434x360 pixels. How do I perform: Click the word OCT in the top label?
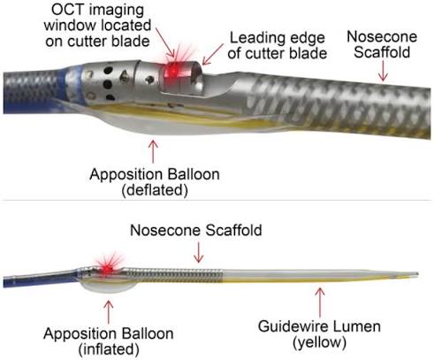68,10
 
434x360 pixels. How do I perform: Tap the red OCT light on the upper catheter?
173,71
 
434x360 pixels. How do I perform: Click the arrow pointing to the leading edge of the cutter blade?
212,54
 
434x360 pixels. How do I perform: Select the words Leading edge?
278,39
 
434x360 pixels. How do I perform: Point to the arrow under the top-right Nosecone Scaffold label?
383,71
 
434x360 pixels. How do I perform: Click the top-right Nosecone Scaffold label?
382,44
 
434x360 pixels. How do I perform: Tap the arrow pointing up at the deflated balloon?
153,151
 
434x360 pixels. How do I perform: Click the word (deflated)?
155,190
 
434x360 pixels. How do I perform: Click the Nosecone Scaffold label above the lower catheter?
196,230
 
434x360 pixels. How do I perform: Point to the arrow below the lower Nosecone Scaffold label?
199,252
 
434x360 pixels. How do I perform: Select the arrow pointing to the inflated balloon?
109,311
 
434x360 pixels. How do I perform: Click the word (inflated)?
109,349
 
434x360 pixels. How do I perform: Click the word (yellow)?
319,342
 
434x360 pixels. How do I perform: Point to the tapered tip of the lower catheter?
416,274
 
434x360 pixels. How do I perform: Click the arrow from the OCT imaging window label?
165,42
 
